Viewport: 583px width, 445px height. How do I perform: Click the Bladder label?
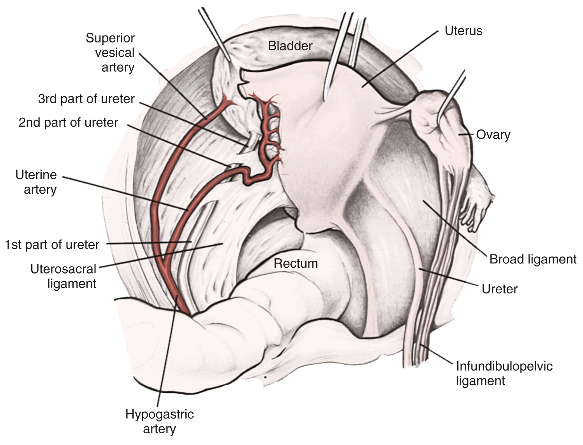click(x=290, y=46)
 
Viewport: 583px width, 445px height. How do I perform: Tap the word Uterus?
click(x=463, y=31)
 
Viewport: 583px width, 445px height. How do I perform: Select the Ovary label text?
click(x=493, y=135)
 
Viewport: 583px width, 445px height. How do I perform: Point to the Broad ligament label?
click(x=532, y=259)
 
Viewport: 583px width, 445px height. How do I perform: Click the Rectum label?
click(x=296, y=263)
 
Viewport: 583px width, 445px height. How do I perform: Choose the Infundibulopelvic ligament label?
click(x=504, y=373)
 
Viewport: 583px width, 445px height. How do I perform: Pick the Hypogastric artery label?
click(x=159, y=421)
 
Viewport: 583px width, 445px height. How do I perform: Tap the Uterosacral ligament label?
click(x=63, y=276)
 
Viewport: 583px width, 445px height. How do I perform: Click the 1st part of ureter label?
click(x=52, y=245)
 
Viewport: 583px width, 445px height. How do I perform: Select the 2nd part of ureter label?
click(x=68, y=122)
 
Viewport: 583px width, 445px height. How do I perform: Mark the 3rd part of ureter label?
click(x=86, y=99)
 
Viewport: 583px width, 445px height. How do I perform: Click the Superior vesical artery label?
click(x=110, y=53)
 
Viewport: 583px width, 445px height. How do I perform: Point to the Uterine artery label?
click(x=36, y=182)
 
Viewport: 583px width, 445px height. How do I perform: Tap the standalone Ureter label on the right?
click(x=499, y=289)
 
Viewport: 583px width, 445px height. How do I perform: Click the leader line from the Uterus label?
click(x=401, y=58)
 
